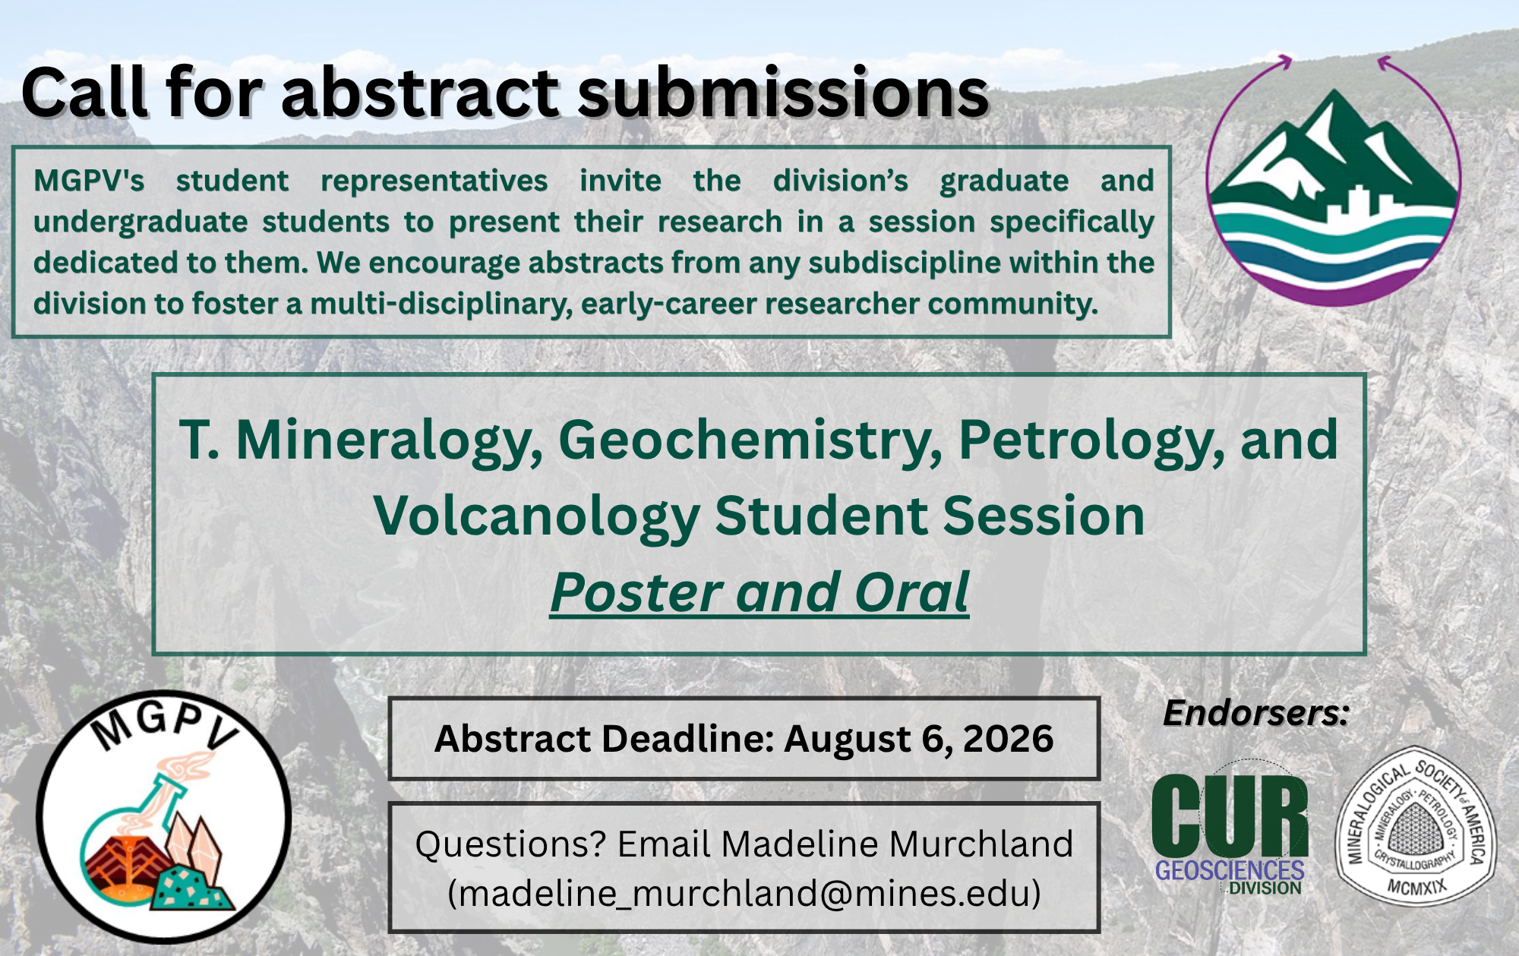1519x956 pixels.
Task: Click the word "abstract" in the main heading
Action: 420,93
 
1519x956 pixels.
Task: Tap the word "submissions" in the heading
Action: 784,93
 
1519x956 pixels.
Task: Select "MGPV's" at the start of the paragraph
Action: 89,181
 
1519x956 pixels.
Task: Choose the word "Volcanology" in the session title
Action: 536,516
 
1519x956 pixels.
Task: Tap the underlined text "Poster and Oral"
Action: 759,592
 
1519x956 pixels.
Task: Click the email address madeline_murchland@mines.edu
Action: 744,893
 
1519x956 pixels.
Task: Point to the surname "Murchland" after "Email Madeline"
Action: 981,844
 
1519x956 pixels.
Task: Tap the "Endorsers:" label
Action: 1256,713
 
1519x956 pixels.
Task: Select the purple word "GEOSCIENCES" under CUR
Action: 1230,870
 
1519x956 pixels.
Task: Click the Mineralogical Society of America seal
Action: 1416,826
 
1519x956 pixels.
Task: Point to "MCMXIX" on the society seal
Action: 1417,885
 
